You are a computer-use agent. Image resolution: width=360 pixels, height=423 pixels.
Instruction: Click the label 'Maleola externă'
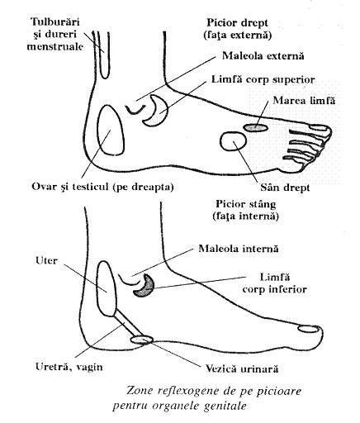tap(263, 56)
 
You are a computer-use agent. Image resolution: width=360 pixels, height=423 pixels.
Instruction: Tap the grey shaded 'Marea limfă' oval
tap(255, 127)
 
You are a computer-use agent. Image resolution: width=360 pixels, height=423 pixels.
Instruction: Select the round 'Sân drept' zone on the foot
tap(234, 141)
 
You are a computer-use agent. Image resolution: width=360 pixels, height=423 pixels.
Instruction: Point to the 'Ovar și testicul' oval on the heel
tap(111, 130)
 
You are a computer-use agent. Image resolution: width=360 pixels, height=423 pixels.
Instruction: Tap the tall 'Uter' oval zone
tap(107, 288)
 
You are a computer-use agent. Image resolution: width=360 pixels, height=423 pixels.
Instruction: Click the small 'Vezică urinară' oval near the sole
tap(141, 340)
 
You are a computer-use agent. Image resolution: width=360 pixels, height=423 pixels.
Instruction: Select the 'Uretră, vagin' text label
tap(69, 367)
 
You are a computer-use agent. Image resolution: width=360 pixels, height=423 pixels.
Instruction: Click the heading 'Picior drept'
tap(238, 23)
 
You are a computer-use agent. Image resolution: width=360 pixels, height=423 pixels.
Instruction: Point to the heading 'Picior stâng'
tap(245, 204)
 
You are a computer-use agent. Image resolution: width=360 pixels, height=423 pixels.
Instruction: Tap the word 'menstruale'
tap(54, 46)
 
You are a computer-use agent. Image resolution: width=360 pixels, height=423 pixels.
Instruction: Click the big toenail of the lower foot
tap(309, 328)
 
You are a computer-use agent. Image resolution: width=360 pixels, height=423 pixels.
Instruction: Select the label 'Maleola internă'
tap(239, 249)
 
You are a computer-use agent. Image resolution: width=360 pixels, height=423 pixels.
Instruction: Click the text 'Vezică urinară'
tap(242, 368)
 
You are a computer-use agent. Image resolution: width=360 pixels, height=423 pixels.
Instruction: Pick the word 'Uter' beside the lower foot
tap(46, 260)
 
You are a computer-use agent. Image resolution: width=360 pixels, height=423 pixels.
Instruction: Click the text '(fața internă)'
tap(245, 216)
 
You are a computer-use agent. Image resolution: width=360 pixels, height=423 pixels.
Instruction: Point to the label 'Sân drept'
tap(285, 188)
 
